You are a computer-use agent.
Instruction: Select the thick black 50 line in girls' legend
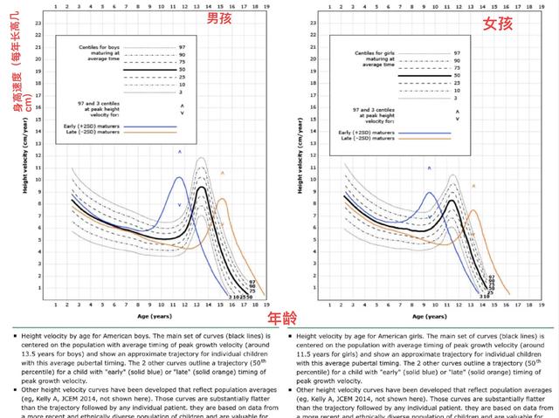[425, 77]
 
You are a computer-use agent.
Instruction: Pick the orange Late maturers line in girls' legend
[423, 139]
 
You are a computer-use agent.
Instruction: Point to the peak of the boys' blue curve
[179, 178]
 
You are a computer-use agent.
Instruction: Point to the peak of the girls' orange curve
[473, 209]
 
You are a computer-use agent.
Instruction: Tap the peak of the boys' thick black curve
[202, 188]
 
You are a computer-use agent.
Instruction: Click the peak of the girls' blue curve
[430, 193]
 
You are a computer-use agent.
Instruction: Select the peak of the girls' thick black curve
[452, 201]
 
